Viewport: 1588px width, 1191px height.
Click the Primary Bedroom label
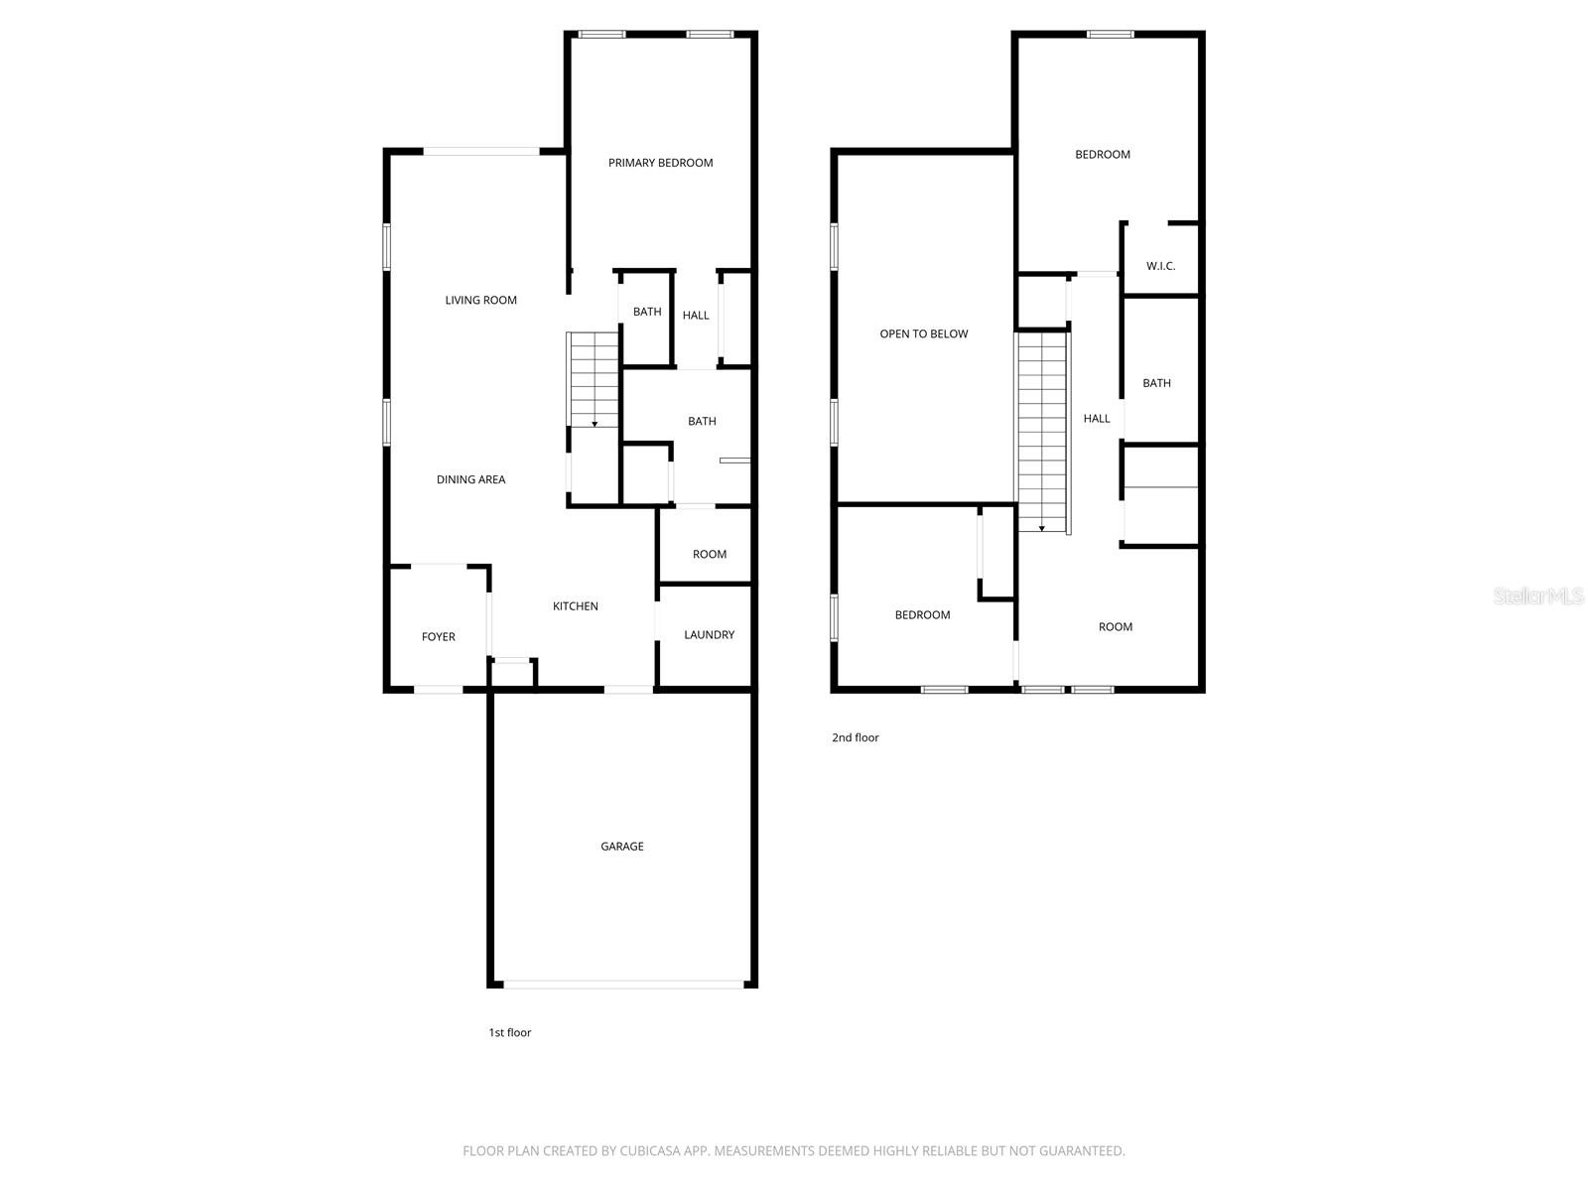click(660, 163)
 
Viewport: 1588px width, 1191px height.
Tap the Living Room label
click(480, 300)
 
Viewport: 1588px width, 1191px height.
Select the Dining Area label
click(470, 479)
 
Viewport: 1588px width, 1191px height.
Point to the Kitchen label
click(575, 606)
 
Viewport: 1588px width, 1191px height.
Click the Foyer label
click(438, 637)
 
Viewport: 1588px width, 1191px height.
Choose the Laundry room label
click(709, 635)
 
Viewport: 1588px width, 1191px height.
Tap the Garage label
click(621, 847)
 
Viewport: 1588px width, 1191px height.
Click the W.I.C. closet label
click(1160, 266)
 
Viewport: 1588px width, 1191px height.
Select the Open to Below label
click(923, 334)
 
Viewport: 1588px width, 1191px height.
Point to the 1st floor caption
click(509, 1032)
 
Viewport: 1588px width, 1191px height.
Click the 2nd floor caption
click(855, 737)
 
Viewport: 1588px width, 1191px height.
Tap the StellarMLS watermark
click(1538, 595)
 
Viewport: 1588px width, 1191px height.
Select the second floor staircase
click(1041, 432)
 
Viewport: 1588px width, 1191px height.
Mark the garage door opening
click(623, 985)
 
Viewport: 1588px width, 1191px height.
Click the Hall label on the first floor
click(696, 316)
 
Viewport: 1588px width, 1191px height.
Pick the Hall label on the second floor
click(1096, 419)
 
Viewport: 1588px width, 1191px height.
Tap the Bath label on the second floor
click(1156, 383)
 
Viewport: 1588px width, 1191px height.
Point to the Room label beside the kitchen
click(709, 555)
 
